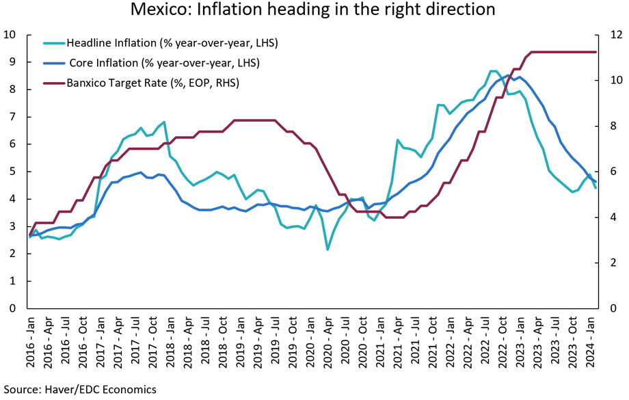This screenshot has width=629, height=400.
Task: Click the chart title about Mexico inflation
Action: click(x=314, y=11)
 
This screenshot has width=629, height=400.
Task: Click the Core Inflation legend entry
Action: click(x=164, y=63)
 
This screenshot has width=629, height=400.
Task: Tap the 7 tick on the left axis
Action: click(x=12, y=117)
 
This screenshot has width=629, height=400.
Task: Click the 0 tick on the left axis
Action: click(x=12, y=308)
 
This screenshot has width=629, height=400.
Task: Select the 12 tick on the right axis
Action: click(x=615, y=34)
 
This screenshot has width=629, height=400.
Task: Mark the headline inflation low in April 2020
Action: click(x=327, y=250)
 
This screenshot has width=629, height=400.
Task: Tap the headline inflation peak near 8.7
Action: click(x=493, y=70)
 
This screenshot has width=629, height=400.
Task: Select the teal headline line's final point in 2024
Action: click(x=595, y=187)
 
